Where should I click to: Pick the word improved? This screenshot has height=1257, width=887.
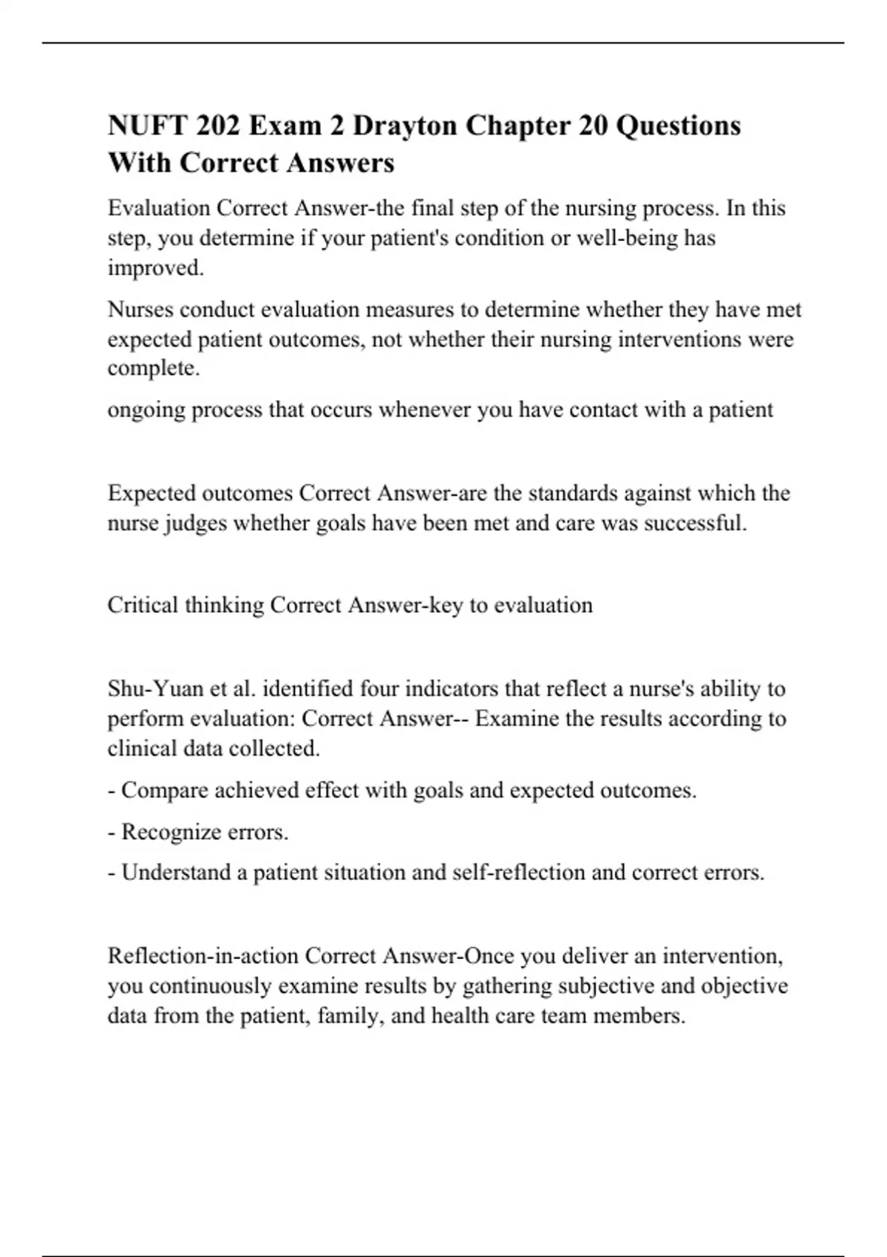pos(155,268)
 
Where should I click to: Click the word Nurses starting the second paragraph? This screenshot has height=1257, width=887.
pos(140,309)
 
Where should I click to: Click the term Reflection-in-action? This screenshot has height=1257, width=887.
pos(203,956)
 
